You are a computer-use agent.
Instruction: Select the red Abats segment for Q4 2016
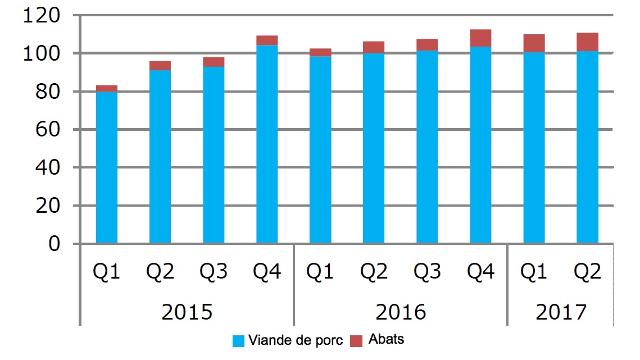click(x=481, y=38)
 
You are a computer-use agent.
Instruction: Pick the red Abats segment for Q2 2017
click(x=588, y=42)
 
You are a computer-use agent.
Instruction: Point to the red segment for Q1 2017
click(x=534, y=43)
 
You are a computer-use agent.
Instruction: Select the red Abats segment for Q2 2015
click(x=160, y=66)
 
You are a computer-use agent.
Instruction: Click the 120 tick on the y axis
click(x=40, y=16)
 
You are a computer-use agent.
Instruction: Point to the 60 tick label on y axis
click(x=47, y=130)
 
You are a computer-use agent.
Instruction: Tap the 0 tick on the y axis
click(x=54, y=244)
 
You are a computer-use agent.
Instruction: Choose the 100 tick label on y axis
click(x=40, y=54)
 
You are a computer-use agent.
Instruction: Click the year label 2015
click(x=187, y=312)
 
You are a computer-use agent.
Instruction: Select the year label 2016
click(x=401, y=312)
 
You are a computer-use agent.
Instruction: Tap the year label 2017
click(x=561, y=312)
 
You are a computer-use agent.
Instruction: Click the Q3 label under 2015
click(x=214, y=272)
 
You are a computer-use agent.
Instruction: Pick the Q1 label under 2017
click(x=534, y=272)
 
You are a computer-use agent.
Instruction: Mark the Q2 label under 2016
click(x=374, y=272)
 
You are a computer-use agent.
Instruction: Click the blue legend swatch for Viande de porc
click(x=238, y=341)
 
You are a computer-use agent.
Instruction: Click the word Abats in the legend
click(x=387, y=340)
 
